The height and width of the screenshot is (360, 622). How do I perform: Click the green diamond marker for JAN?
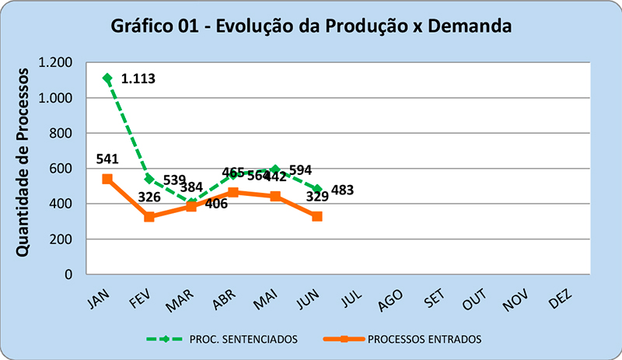click(x=107, y=79)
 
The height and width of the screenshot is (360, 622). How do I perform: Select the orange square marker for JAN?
click(x=107, y=179)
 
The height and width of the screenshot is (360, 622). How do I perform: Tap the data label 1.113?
click(x=138, y=79)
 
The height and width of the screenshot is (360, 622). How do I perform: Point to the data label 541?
click(x=107, y=160)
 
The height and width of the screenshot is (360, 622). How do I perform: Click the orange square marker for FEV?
click(x=149, y=217)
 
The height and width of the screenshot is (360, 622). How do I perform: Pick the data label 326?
click(x=149, y=197)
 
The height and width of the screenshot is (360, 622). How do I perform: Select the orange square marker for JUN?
click(x=317, y=216)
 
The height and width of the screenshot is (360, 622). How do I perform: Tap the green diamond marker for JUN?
click(x=317, y=189)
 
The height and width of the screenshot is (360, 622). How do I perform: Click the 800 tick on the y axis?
click(x=61, y=134)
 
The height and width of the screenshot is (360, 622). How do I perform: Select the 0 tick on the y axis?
click(x=69, y=274)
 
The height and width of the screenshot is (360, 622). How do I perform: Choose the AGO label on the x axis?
click(x=391, y=302)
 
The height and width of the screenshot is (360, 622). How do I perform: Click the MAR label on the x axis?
click(x=180, y=302)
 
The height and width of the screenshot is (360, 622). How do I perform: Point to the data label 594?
click(x=300, y=170)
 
